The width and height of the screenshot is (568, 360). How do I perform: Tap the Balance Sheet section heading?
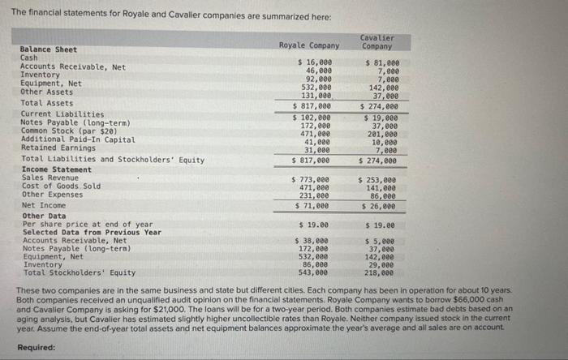[48, 49]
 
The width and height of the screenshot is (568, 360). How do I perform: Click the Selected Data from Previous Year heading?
[92, 232]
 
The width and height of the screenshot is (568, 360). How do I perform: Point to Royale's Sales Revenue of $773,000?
[314, 179]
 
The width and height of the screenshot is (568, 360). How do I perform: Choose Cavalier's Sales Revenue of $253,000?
[380, 179]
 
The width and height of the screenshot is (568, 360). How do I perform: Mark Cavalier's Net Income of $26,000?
[380, 207]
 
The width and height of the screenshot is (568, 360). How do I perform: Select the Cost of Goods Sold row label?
[61, 186]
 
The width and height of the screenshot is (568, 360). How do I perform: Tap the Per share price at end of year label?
[87, 224]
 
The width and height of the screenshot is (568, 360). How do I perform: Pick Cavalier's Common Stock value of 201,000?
[381, 134]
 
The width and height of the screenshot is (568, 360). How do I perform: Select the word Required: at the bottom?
[37, 347]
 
